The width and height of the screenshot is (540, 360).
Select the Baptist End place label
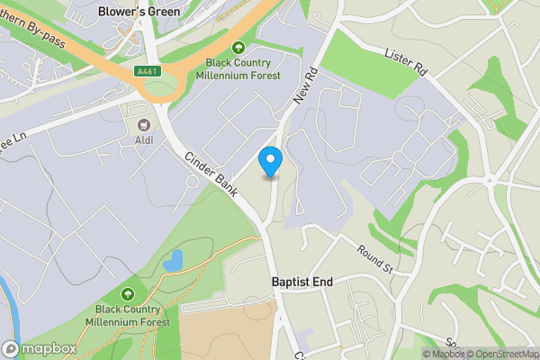coord(302,282)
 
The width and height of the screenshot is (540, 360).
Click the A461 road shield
coord(148,71)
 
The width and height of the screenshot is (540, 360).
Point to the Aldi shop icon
coord(144,125)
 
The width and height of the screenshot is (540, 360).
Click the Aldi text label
coord(144,140)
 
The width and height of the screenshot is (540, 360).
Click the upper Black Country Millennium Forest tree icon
coord(238,47)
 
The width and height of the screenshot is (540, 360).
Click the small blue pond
coord(174,261)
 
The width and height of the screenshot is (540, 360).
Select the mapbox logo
coord(40,348)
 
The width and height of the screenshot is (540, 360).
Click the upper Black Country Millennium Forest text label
coord(243,69)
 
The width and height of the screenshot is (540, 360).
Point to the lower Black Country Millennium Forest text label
coord(132,316)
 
